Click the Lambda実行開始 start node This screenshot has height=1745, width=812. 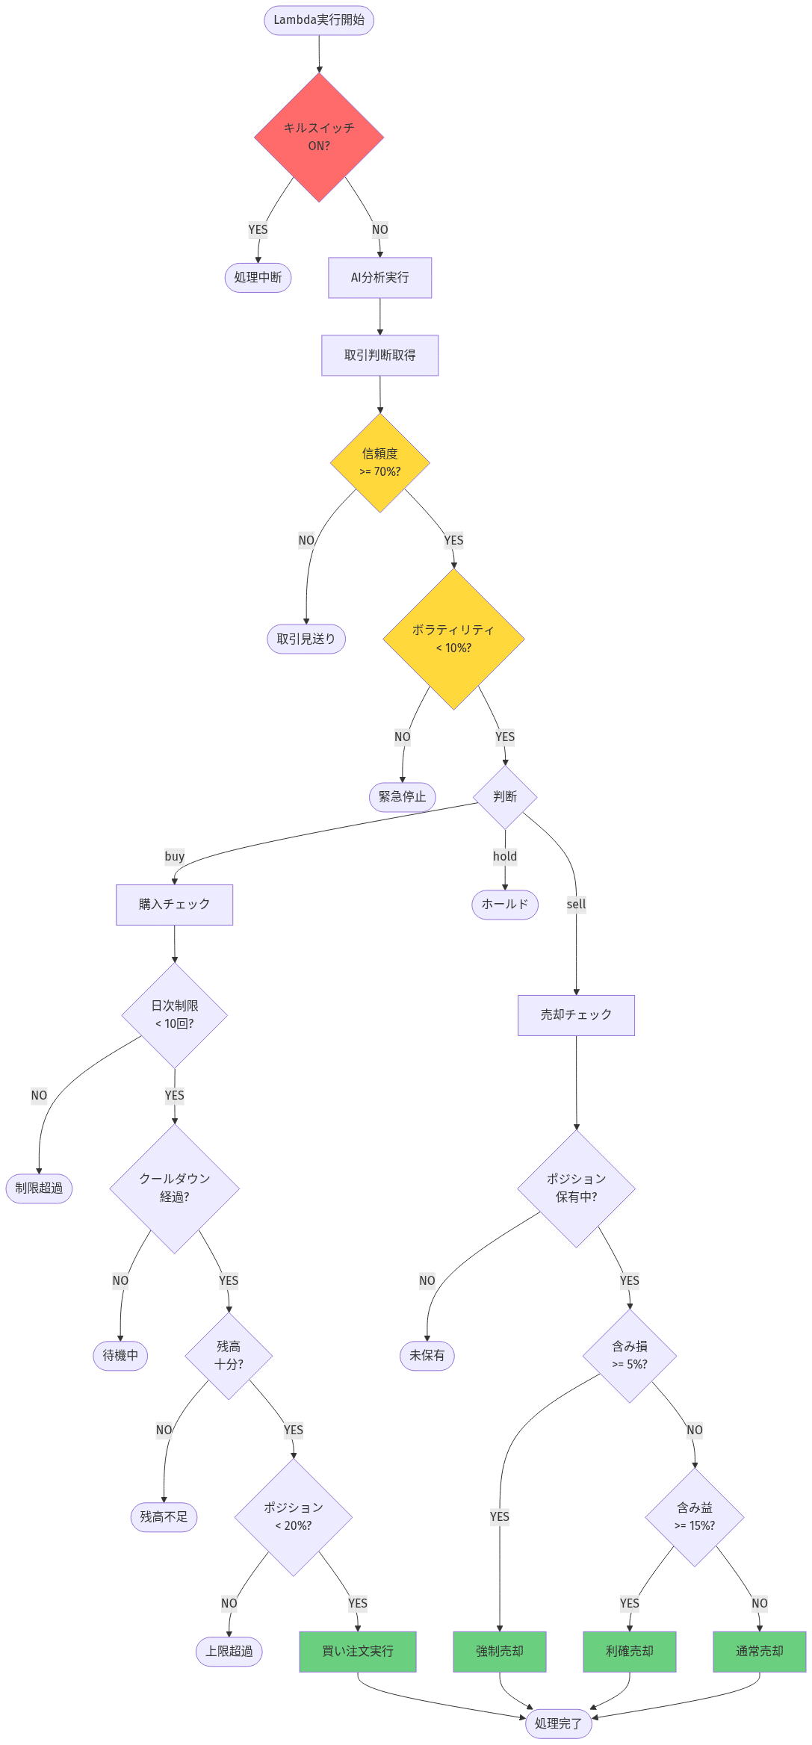(319, 20)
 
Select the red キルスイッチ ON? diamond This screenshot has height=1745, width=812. (319, 137)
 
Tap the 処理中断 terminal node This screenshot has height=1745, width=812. (258, 277)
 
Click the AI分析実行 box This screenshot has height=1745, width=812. (379, 278)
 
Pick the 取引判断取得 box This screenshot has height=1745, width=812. (379, 356)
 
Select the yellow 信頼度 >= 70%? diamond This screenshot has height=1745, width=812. (379, 462)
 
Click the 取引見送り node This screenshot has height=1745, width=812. (306, 639)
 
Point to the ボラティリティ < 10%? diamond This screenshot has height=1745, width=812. (453, 639)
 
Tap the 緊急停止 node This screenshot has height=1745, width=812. (402, 796)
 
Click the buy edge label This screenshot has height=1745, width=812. (175, 856)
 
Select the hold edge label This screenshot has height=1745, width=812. (505, 856)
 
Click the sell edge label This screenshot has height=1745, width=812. (576, 904)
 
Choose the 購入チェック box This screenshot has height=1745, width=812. (174, 905)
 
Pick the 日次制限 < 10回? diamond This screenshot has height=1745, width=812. (174, 1014)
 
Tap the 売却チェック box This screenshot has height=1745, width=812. (576, 1014)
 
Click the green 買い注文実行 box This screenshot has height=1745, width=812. (357, 1651)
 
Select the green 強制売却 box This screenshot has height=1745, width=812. (499, 1651)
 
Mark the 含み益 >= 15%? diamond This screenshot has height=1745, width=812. (694, 1516)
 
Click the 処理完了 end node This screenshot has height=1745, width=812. (558, 1723)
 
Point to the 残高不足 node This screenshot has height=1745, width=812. (164, 1516)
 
